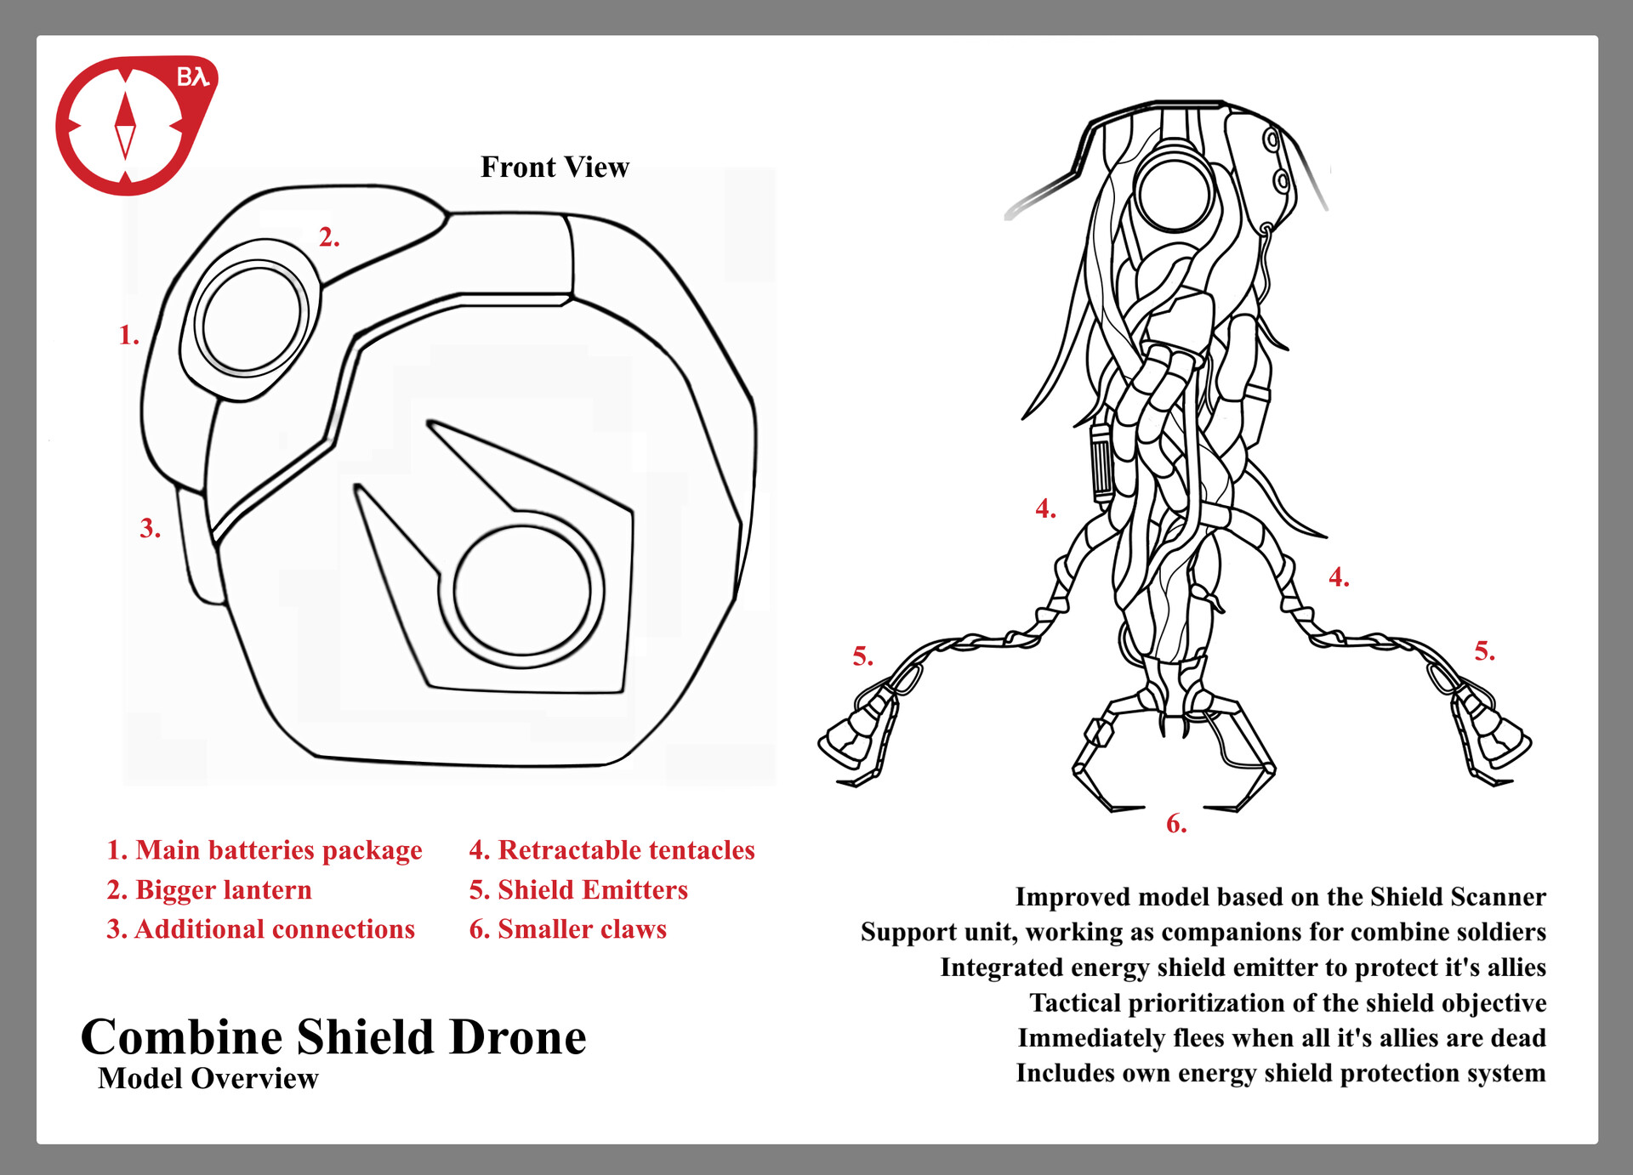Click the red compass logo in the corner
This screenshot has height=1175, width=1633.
click(x=128, y=125)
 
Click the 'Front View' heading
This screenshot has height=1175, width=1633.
click(x=555, y=167)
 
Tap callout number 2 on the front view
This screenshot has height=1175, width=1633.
click(x=328, y=237)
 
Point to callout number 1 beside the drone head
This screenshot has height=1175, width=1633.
click(x=128, y=335)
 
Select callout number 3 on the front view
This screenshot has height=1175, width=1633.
click(x=150, y=528)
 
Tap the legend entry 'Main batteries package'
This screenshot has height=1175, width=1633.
click(x=264, y=849)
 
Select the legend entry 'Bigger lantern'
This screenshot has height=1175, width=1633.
click(x=209, y=889)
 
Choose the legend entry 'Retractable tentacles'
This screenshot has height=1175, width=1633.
click(x=612, y=849)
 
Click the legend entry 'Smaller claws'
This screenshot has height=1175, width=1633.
click(x=567, y=928)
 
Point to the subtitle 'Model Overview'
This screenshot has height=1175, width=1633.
click(x=208, y=1078)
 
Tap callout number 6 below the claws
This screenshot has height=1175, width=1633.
click(x=1175, y=823)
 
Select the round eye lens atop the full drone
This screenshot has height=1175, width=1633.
click(x=1174, y=193)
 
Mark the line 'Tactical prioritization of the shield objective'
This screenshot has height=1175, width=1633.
click(x=1288, y=1002)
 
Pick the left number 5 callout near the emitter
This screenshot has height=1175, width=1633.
click(x=862, y=656)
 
